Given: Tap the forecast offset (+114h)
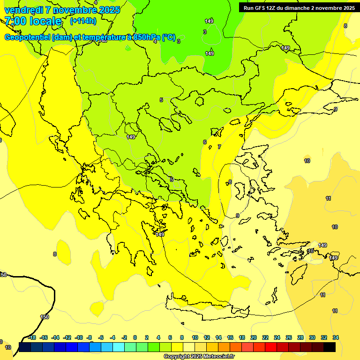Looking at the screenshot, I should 83,21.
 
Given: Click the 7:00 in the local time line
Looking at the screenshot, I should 15,21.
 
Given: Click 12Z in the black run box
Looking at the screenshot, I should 274,8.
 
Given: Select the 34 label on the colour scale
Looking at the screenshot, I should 336,337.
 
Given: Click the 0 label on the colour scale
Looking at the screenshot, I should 135,337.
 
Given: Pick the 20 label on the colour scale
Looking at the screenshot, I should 254,337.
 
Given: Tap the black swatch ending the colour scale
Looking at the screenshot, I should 330,347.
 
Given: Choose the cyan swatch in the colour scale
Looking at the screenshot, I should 119,347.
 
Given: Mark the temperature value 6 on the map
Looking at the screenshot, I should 205,142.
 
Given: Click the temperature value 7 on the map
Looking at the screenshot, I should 219,147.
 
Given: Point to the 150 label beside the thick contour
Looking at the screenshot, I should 45,317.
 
